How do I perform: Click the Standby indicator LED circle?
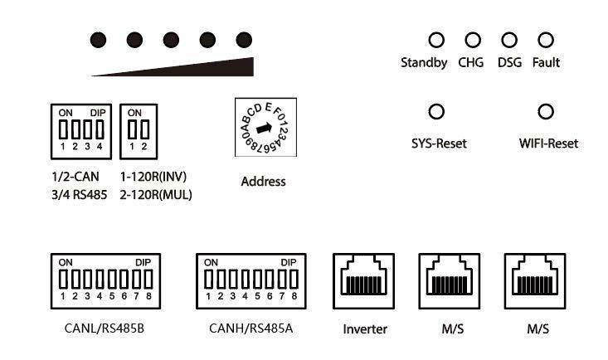click(x=435, y=40)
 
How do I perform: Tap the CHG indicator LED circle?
click(x=472, y=40)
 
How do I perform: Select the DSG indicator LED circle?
click(x=509, y=40)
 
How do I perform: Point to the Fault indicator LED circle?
click(x=546, y=40)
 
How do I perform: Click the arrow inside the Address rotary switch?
click(x=263, y=129)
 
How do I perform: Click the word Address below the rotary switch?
click(x=263, y=182)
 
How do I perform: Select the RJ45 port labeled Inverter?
click(x=365, y=282)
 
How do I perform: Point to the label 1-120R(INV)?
click(x=153, y=177)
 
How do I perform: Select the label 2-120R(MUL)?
click(x=156, y=195)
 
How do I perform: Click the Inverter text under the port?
click(x=365, y=329)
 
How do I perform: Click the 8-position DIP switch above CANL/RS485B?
click(x=105, y=282)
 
